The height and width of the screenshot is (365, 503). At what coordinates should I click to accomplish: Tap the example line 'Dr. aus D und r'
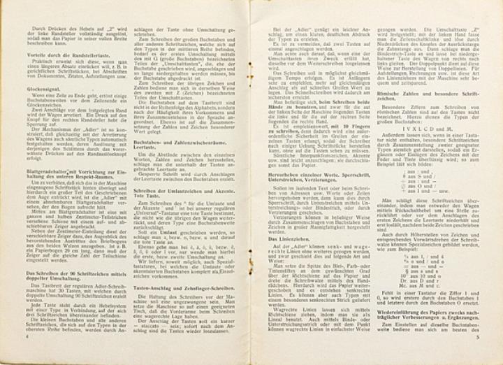coord(424,255)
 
